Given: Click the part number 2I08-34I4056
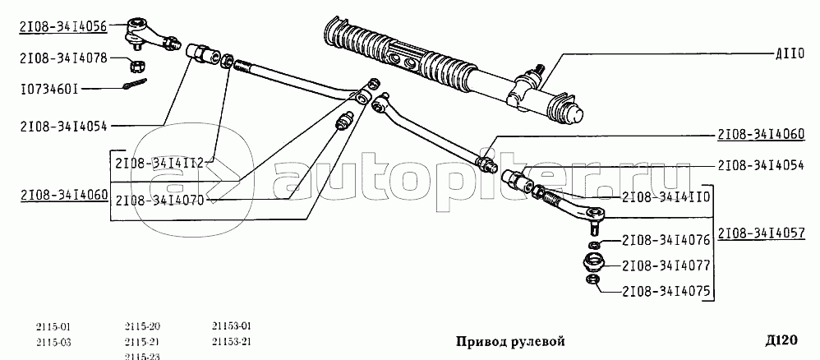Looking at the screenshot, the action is (x=63, y=25).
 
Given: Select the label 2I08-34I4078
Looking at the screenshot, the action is (x=63, y=58).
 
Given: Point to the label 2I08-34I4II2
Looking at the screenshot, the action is (x=159, y=163).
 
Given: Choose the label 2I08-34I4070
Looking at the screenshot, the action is (x=159, y=200).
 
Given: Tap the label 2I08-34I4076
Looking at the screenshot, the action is (x=666, y=241).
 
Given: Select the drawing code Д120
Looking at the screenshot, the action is (x=781, y=340).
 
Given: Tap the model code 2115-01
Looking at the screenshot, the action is (x=53, y=328).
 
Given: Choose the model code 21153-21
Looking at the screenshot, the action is (x=233, y=342).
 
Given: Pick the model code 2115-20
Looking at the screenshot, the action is (x=142, y=327).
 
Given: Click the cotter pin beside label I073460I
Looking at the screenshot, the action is (x=136, y=84).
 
